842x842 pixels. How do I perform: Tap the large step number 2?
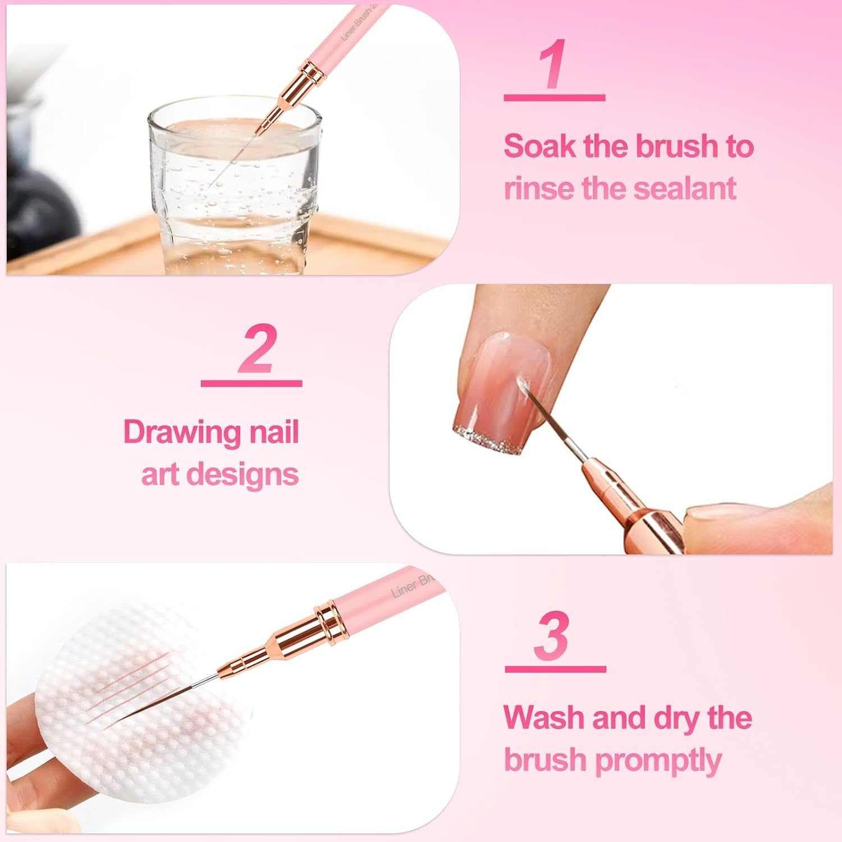coord(258,349)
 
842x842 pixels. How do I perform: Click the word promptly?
coord(658,761)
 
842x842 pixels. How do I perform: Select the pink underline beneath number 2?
coord(251,384)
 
